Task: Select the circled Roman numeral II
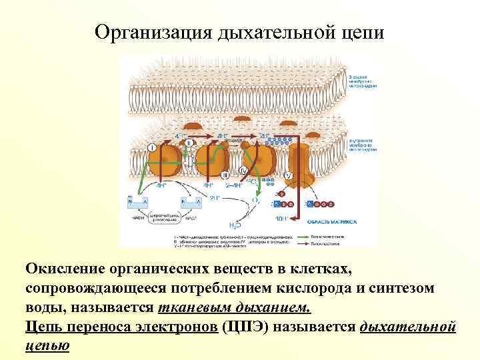190,142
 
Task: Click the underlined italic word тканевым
193,309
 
